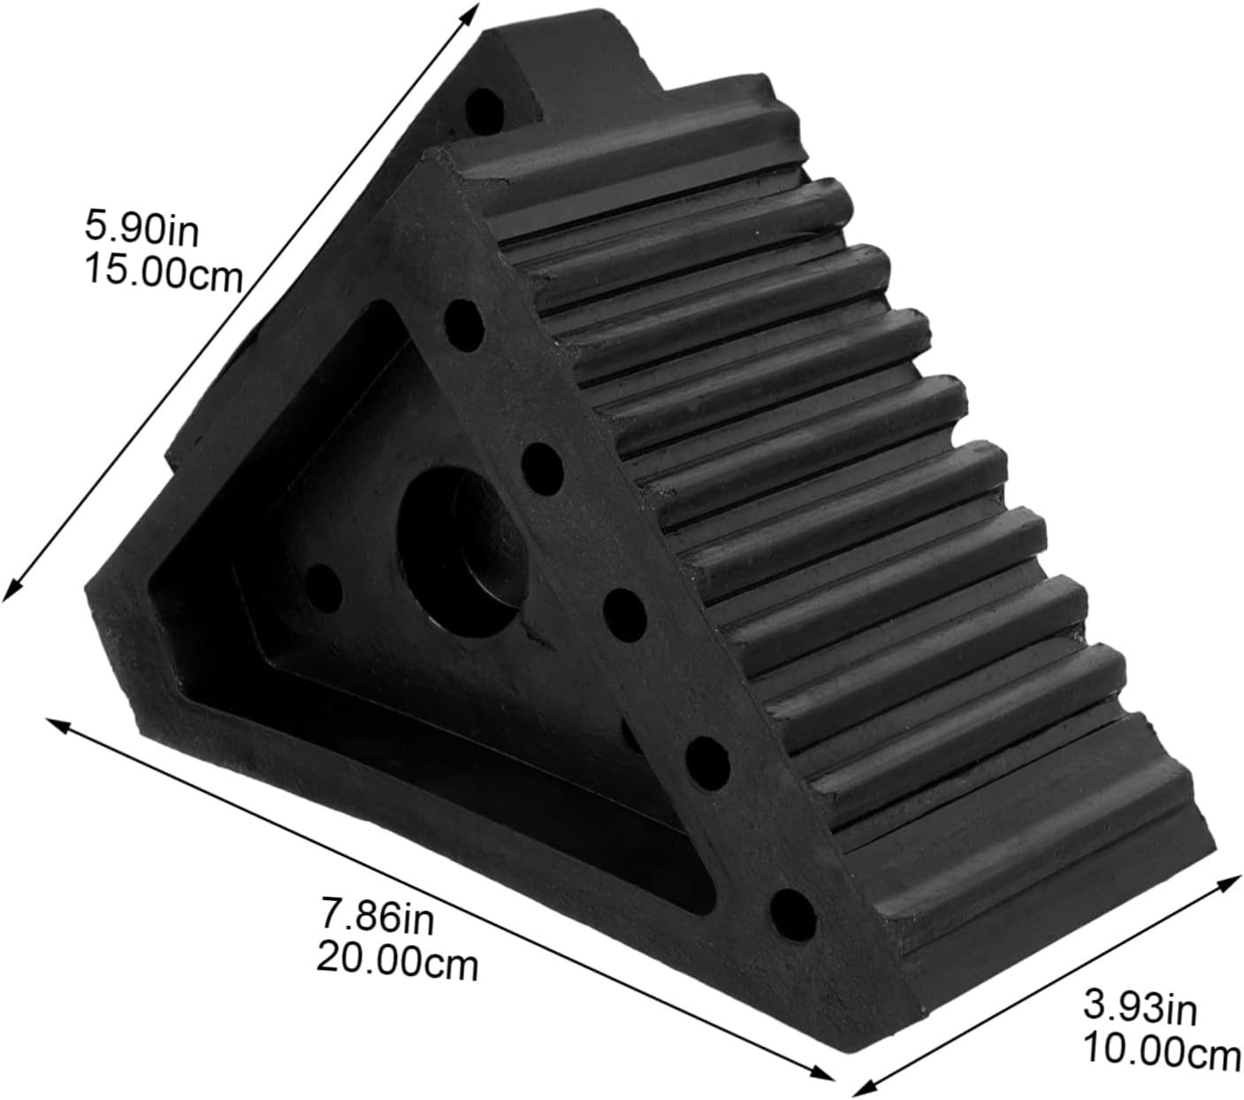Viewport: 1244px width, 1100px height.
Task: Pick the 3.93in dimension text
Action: pos(1140,1008)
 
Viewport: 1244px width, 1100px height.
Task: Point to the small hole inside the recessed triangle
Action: pos(323,585)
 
